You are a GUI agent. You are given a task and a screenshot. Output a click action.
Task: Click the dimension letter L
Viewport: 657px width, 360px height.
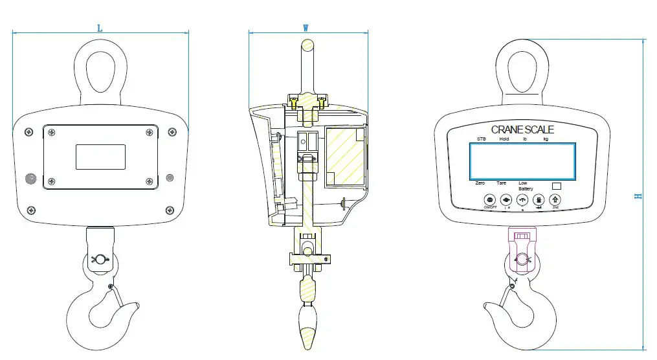pos(100,28)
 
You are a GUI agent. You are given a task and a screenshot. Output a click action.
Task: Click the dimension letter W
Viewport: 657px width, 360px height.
pos(306,28)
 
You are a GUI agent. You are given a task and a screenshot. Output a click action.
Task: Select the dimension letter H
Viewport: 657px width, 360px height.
pos(638,196)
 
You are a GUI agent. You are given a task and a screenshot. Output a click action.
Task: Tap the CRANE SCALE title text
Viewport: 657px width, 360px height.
pos(522,129)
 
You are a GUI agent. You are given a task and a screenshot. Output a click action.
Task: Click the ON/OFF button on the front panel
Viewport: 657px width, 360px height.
pos(489,200)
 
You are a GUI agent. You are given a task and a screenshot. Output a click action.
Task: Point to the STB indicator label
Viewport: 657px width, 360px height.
pos(481,139)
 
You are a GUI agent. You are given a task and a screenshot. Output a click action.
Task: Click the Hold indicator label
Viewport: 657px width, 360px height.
pos(504,139)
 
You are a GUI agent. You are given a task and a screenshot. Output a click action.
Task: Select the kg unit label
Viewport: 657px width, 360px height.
pos(546,139)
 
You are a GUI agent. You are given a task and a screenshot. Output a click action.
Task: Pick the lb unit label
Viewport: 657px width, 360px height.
pos(524,139)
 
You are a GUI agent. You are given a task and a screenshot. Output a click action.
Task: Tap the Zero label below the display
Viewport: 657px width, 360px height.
pos(480,183)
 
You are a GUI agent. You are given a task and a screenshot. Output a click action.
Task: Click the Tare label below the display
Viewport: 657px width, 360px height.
pos(501,183)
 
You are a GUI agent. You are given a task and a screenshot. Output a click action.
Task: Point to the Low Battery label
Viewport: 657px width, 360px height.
pos(525,186)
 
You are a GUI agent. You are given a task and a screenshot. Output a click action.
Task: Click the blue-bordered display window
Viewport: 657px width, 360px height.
pos(522,161)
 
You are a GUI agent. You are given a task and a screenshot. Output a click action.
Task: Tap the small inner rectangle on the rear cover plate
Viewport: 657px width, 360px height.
pos(100,157)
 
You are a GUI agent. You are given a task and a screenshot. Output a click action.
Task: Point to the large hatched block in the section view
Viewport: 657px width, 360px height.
pos(344,156)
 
